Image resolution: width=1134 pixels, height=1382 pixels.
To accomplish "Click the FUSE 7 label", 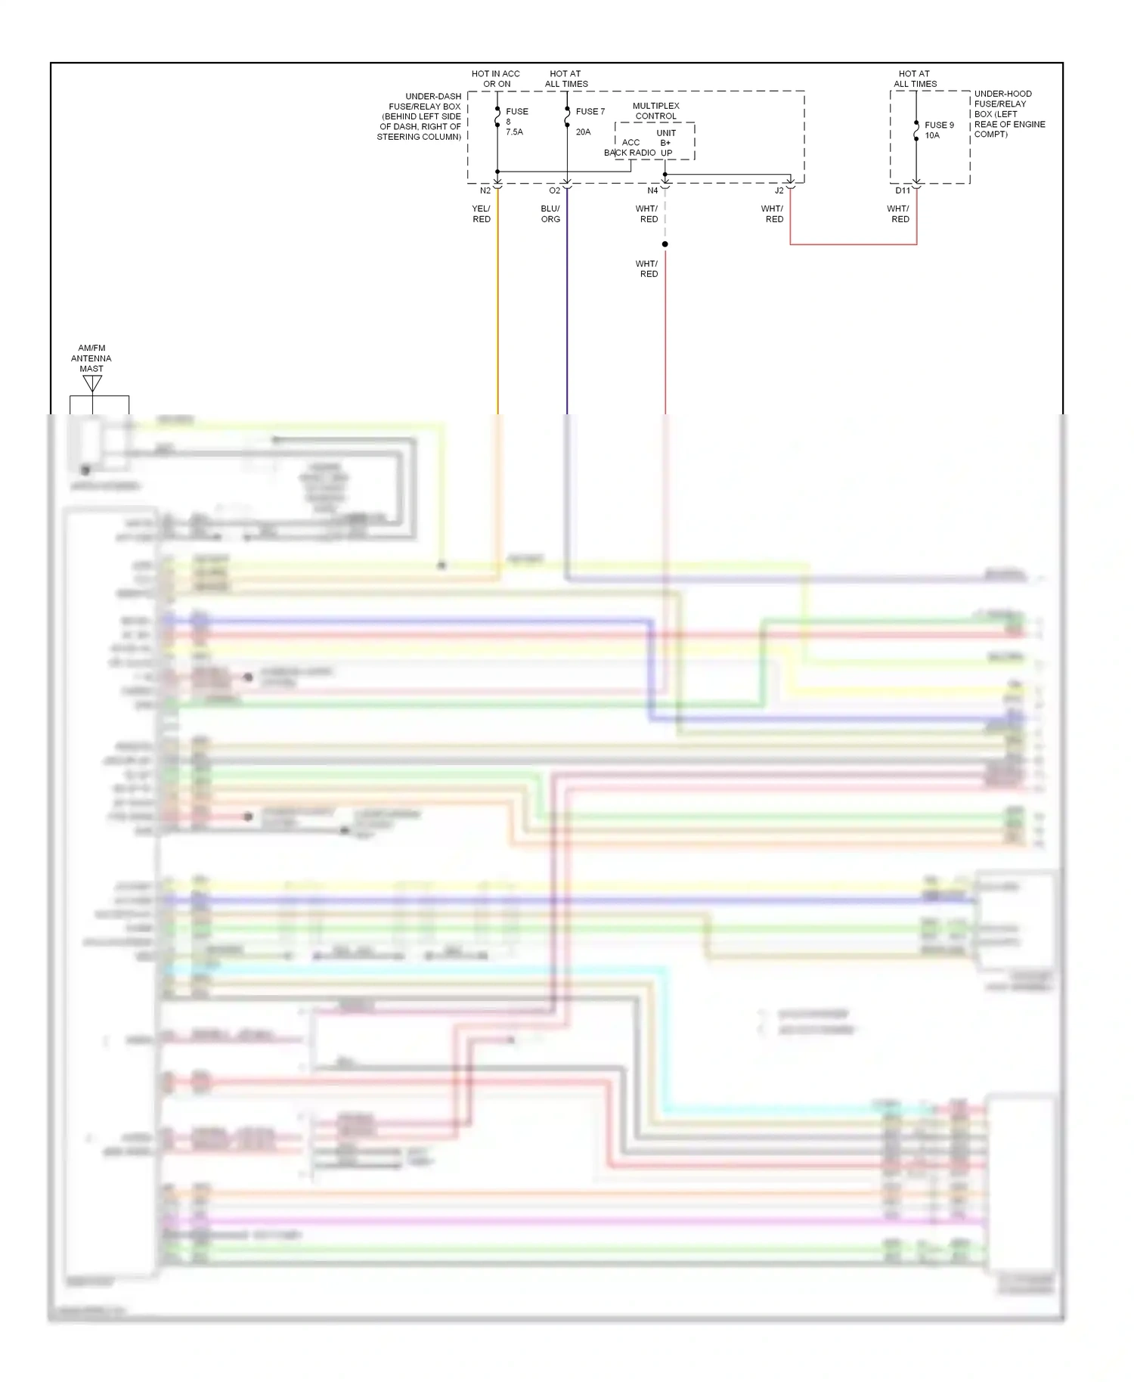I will click(x=590, y=111).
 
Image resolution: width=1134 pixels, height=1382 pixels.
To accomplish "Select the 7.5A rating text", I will click(x=514, y=132).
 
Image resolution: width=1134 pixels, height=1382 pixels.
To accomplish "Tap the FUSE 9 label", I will click(x=939, y=125).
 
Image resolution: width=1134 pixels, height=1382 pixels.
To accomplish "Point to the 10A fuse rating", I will click(x=932, y=135).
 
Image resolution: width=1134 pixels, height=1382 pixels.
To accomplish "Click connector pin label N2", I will click(x=485, y=191).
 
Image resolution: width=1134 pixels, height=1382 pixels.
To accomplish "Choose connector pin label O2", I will click(x=555, y=191).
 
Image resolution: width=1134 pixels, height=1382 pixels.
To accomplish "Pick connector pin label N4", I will click(x=652, y=191).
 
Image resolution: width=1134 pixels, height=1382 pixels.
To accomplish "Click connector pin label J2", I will click(x=779, y=191).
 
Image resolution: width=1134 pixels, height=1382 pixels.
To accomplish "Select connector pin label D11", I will click(x=903, y=191).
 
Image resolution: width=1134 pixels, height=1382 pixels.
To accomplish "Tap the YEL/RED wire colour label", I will click(x=482, y=214).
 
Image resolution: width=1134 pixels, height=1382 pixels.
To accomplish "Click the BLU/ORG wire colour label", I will click(x=550, y=214).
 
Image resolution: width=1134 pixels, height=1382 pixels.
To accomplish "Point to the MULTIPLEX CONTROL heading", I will click(x=655, y=111).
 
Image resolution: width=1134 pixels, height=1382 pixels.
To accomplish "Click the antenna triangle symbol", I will click(x=92, y=383).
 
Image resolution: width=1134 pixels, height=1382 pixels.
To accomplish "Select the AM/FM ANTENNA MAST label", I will click(x=91, y=358).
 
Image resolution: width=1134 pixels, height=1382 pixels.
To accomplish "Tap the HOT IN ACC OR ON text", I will click(x=496, y=79).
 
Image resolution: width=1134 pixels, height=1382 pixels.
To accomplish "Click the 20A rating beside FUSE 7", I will click(x=583, y=132).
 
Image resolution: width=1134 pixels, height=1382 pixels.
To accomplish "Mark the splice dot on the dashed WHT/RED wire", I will click(x=665, y=244).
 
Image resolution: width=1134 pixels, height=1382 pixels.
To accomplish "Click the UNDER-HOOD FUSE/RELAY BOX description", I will click(x=1009, y=114).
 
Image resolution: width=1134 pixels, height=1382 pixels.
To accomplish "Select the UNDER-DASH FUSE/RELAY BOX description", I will click(x=420, y=116).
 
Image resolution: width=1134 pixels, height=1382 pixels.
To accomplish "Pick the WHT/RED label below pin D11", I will click(x=898, y=214).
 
